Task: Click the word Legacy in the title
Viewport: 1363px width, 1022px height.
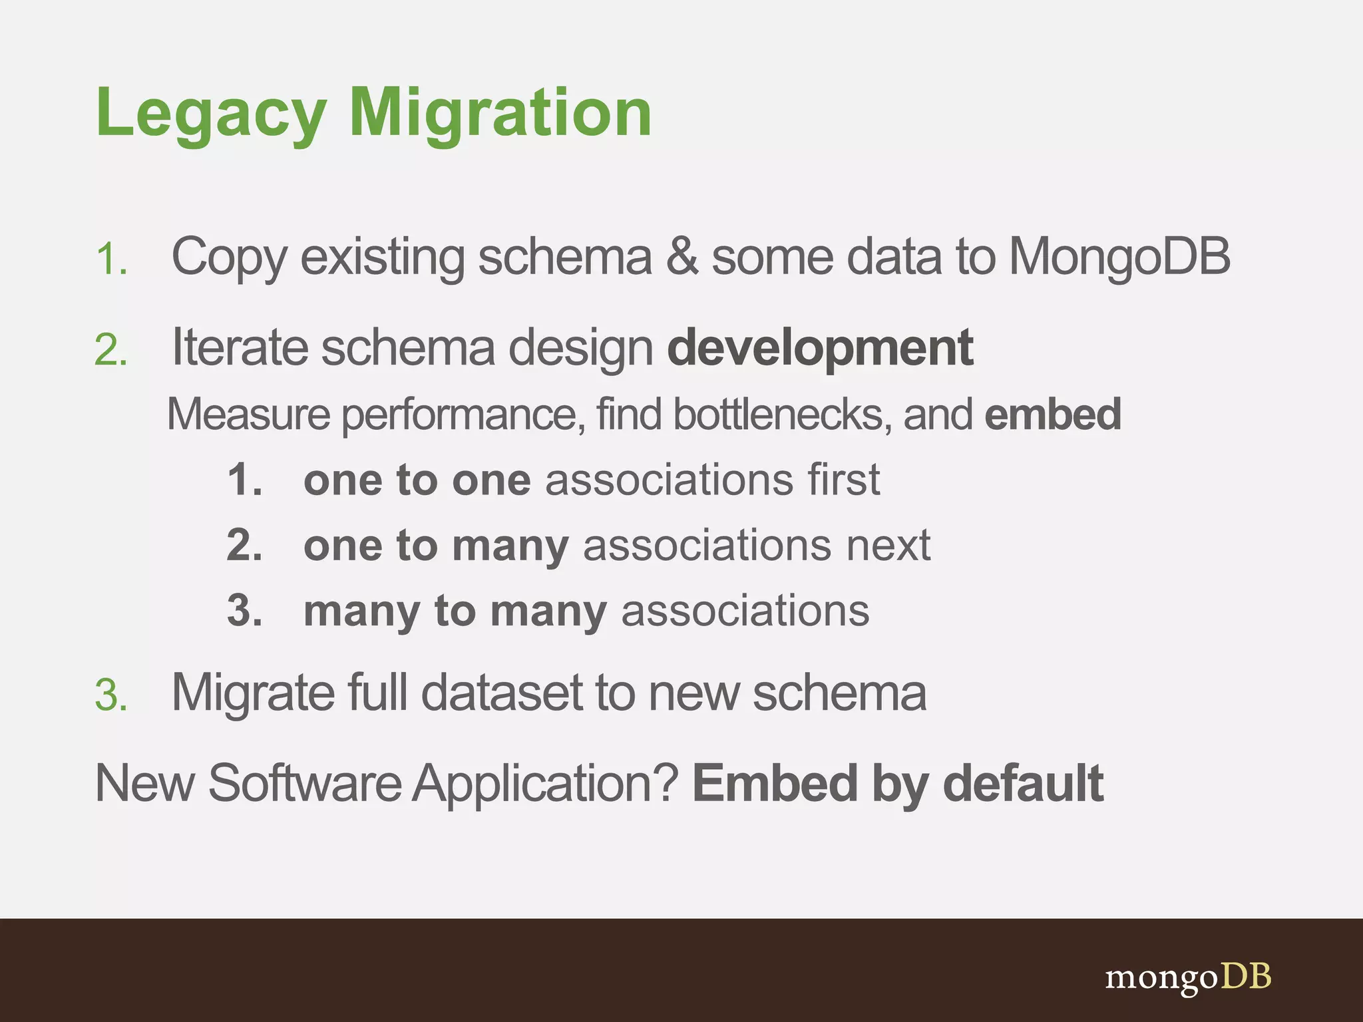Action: click(211, 114)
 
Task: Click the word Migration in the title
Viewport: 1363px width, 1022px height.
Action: click(500, 114)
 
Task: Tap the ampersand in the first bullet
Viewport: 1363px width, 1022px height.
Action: click(681, 257)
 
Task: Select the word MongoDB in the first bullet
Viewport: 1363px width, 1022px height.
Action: click(1119, 257)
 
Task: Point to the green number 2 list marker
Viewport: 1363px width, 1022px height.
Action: click(110, 350)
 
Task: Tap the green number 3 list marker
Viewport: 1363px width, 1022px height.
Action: click(110, 696)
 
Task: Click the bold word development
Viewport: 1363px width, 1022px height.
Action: click(820, 349)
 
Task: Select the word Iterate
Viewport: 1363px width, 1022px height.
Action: click(240, 347)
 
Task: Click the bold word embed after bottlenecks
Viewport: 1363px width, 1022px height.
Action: click(1053, 414)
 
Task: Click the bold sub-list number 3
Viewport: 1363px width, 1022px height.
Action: click(244, 611)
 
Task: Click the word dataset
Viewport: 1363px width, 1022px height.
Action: click(502, 693)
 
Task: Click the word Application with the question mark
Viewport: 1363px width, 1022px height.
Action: click(546, 784)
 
